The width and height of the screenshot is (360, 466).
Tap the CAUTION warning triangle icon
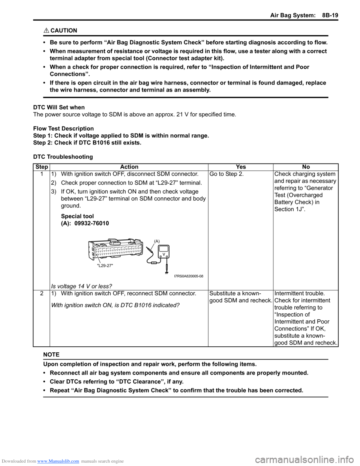(x=46, y=30)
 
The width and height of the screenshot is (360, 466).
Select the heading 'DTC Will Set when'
(x=59, y=107)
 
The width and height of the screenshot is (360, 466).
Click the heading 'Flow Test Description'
(x=63, y=128)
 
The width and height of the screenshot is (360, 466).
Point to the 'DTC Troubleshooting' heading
(x=63, y=157)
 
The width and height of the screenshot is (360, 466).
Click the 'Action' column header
(x=129, y=167)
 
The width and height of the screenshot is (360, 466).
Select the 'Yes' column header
(x=241, y=167)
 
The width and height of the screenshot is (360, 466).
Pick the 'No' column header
(x=306, y=167)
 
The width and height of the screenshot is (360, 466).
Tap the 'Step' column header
(x=42, y=167)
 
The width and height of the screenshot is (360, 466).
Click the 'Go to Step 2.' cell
(x=226, y=174)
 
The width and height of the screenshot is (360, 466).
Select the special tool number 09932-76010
(x=91, y=223)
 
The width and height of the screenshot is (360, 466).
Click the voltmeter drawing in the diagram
(x=164, y=252)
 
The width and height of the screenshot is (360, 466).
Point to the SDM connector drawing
(x=115, y=249)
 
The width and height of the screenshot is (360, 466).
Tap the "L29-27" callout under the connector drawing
(x=105, y=266)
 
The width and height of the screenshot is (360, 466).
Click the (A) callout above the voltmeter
(x=157, y=241)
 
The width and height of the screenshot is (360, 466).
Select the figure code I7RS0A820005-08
(x=189, y=276)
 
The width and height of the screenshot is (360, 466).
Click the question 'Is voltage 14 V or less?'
(x=81, y=286)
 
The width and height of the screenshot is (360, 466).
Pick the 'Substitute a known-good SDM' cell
(x=240, y=297)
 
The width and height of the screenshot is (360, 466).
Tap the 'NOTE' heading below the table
(x=51, y=355)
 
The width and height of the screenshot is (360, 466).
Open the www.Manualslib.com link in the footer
(x=58, y=461)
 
